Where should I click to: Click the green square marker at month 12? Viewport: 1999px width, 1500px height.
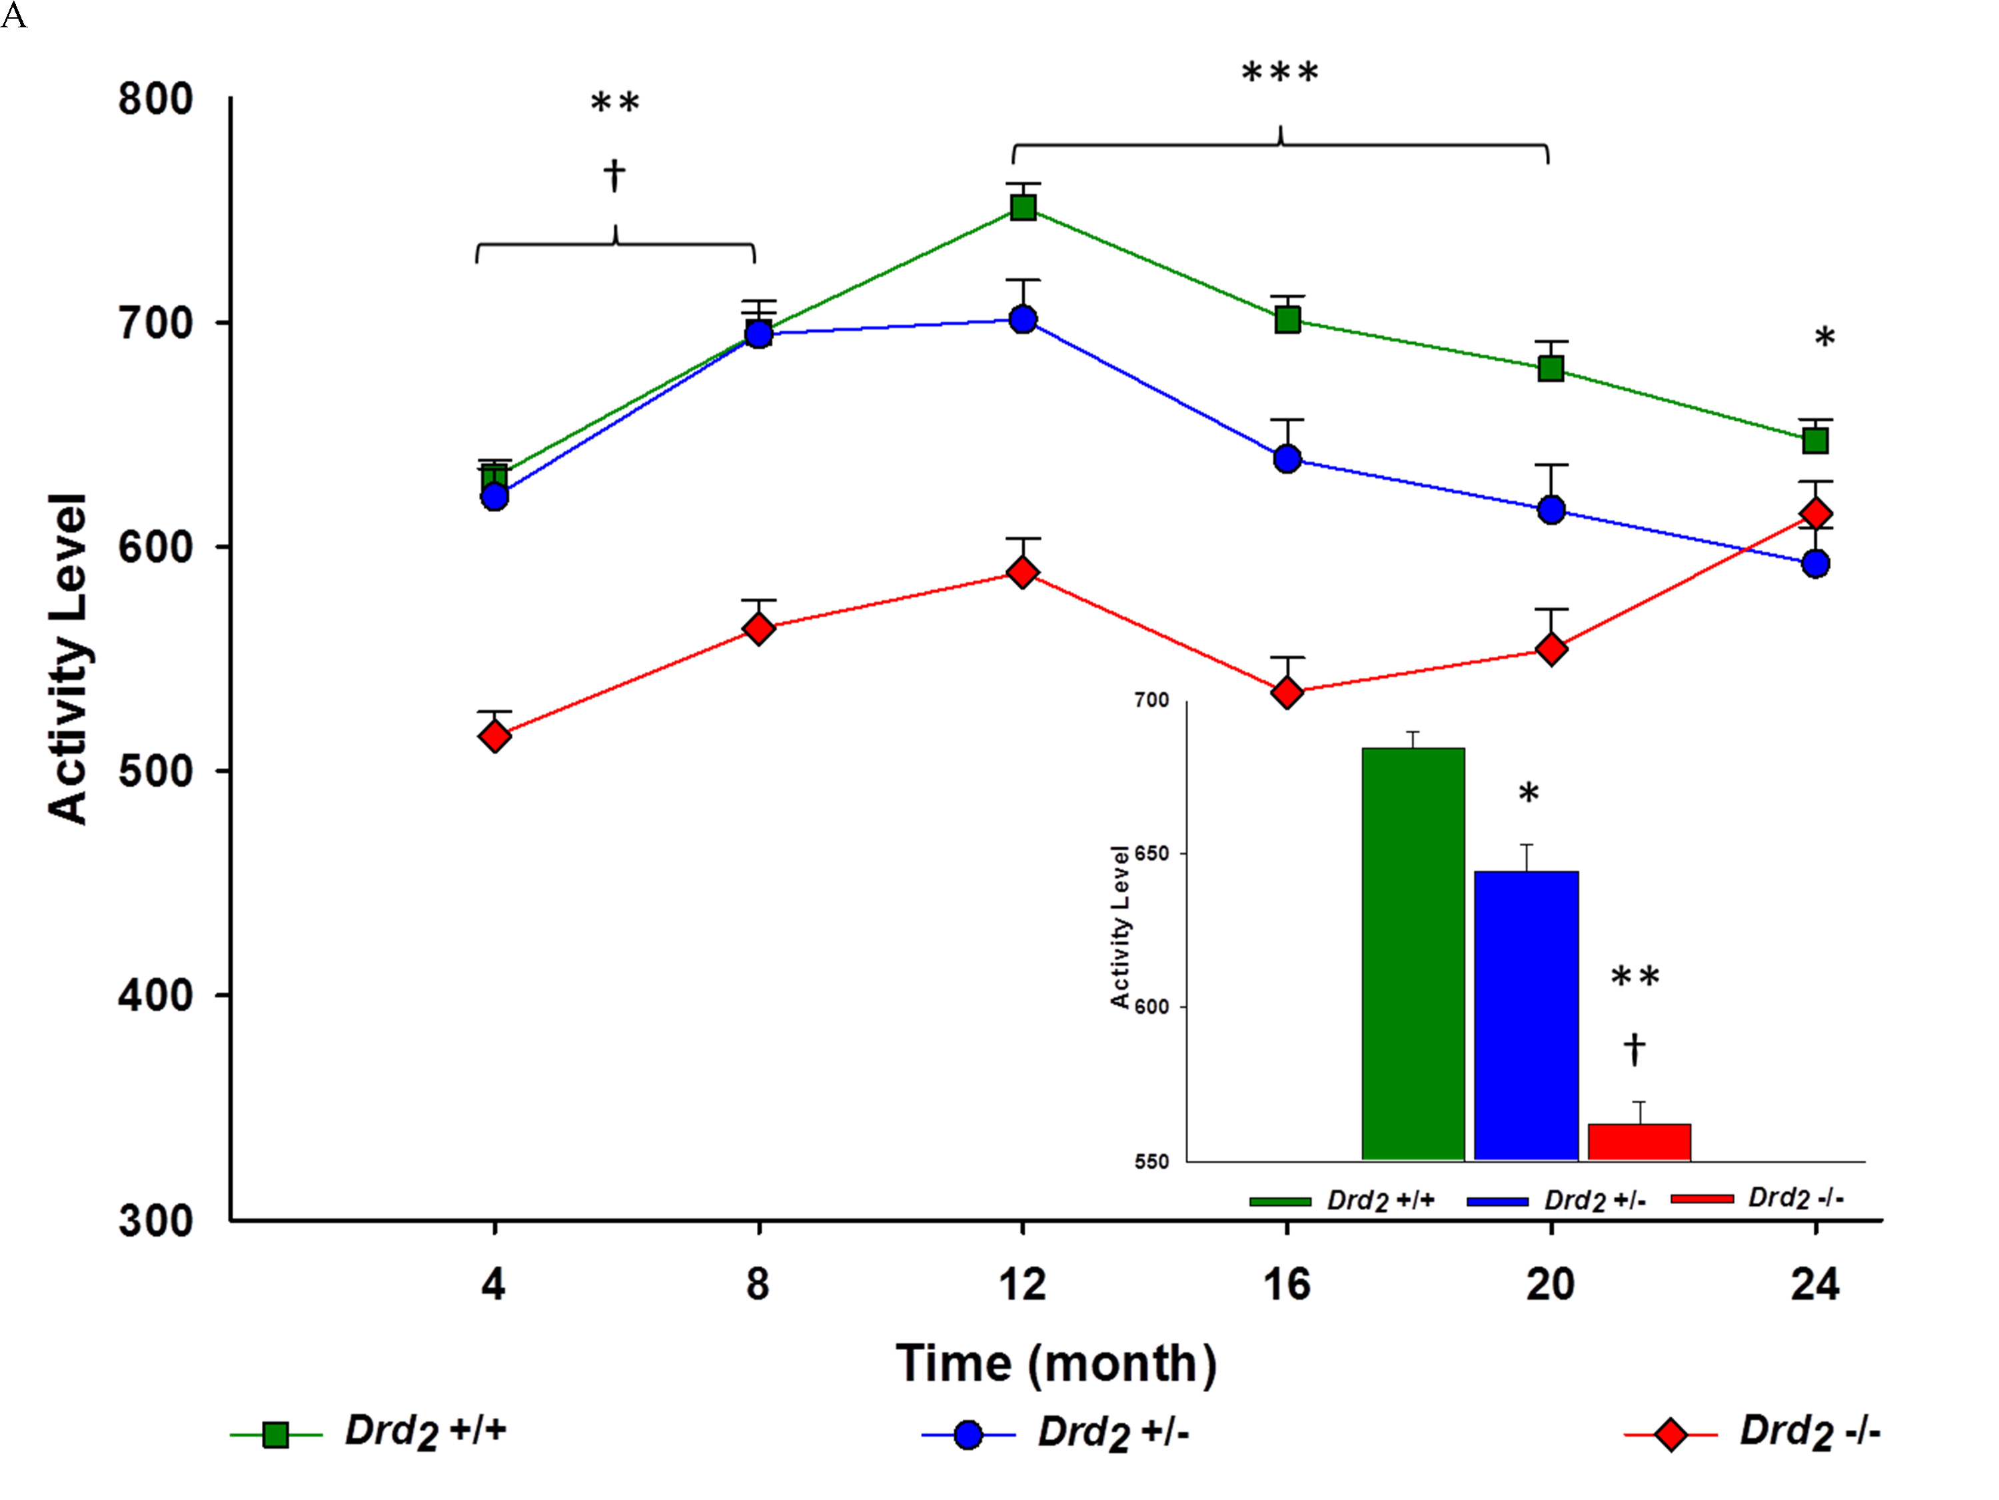click(x=1022, y=209)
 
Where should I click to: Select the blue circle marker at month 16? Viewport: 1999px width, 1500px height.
click(x=1287, y=459)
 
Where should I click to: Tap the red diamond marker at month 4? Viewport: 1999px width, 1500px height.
click(x=494, y=736)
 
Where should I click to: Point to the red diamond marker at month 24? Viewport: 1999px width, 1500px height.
click(x=1816, y=513)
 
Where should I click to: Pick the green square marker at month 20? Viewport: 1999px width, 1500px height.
click(x=1551, y=368)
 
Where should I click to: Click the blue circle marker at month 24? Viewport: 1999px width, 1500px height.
click(x=1816, y=563)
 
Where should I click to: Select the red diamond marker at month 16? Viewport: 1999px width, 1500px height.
click(x=1287, y=693)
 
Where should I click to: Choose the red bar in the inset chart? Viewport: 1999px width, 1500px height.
click(x=1639, y=1141)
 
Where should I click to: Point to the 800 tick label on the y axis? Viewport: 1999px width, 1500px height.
click(x=155, y=99)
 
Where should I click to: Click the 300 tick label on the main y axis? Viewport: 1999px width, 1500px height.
click(x=155, y=1221)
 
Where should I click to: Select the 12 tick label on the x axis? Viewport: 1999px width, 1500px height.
click(x=1022, y=1285)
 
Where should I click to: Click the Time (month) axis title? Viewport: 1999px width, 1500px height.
click(x=1055, y=1363)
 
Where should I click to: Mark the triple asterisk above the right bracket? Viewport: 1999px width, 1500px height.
click(x=1279, y=72)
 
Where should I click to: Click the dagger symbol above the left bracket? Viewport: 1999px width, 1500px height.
click(x=614, y=175)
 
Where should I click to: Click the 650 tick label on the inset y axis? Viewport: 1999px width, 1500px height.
click(x=1151, y=853)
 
